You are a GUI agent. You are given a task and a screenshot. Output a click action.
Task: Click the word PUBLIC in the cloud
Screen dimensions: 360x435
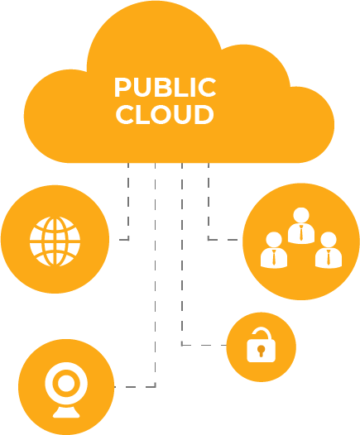pos(166,87)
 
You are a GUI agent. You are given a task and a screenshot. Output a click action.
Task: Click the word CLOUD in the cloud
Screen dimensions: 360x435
pos(165,114)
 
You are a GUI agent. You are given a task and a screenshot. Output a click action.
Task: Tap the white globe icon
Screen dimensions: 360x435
pos(55,241)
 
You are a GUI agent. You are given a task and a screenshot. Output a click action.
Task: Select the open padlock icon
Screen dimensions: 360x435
pos(262,345)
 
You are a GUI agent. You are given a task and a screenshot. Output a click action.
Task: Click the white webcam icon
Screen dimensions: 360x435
pos(66,390)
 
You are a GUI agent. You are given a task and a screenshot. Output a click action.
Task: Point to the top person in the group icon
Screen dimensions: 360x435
pos(301,226)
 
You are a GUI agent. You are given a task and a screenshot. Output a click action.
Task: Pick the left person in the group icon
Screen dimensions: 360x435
pos(274,250)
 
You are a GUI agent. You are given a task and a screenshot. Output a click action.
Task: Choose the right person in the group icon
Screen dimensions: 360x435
pos(329,250)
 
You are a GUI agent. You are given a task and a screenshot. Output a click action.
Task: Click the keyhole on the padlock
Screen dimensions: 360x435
pos(261,351)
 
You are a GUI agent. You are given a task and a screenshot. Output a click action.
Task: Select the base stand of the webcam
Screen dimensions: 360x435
pos(66,412)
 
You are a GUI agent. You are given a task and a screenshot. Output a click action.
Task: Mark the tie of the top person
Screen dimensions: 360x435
pos(301,232)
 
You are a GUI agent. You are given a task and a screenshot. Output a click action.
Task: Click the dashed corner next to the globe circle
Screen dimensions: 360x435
pos(128,239)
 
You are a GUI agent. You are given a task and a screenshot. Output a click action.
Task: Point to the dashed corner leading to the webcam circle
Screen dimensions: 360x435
pos(155,386)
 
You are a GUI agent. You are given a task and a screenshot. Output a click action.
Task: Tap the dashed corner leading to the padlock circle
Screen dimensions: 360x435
pos(182,345)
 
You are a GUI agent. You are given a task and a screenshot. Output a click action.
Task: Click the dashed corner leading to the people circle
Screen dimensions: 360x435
pos(209,239)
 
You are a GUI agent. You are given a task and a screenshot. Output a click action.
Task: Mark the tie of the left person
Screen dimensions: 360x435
pos(274,257)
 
